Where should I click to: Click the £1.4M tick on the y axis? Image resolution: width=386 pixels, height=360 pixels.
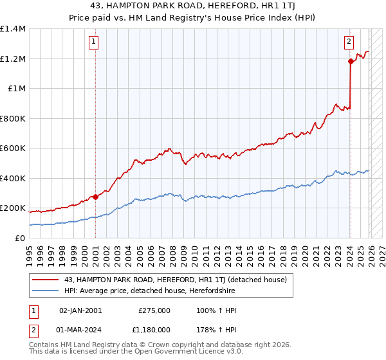[x=13, y=29]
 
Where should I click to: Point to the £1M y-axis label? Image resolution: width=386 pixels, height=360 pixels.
[x=15, y=89]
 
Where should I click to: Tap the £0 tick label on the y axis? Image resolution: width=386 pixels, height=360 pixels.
[x=19, y=239]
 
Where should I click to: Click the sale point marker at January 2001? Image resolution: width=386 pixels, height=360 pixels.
[x=95, y=197]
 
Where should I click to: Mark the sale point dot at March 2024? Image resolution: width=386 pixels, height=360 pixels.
[x=351, y=62]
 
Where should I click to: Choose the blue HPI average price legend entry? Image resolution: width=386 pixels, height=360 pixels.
[x=150, y=291]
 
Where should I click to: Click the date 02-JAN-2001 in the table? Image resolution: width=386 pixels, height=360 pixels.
[x=80, y=310]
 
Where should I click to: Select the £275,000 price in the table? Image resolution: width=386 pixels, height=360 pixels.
[x=154, y=310]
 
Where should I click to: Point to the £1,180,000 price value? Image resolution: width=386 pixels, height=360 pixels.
[x=150, y=331]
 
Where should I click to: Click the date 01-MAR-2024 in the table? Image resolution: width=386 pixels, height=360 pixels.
[x=80, y=331]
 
